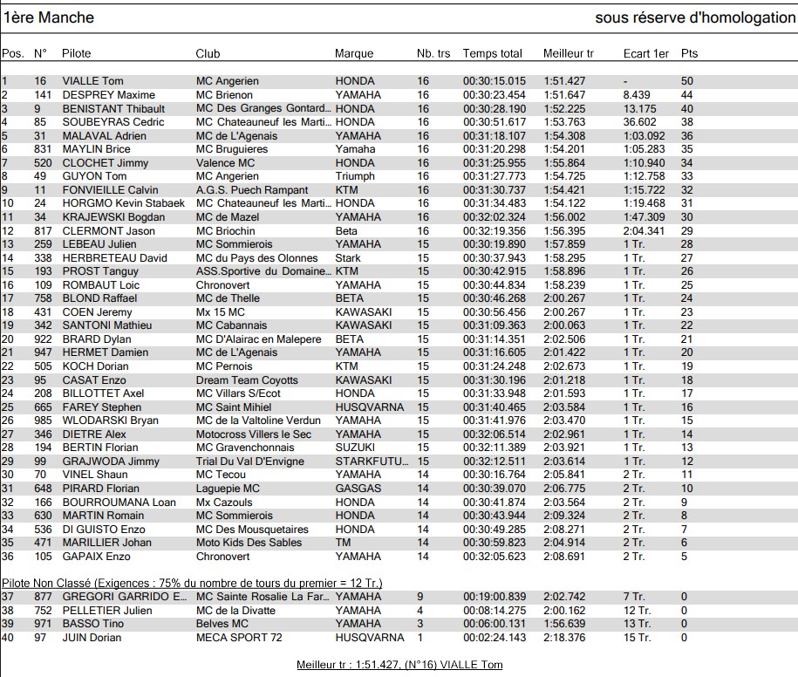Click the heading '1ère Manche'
point(49,17)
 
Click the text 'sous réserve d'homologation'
point(695,17)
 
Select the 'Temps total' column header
point(492,53)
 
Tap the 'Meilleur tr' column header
point(568,53)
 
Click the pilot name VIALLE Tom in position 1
point(92,81)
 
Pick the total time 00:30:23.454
point(494,95)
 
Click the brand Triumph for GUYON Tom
point(355,176)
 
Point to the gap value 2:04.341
point(645,230)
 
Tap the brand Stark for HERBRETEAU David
point(348,258)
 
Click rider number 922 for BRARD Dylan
point(44,339)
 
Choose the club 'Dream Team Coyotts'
point(247,380)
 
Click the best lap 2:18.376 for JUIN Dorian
point(563,638)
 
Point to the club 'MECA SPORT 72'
point(239,638)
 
